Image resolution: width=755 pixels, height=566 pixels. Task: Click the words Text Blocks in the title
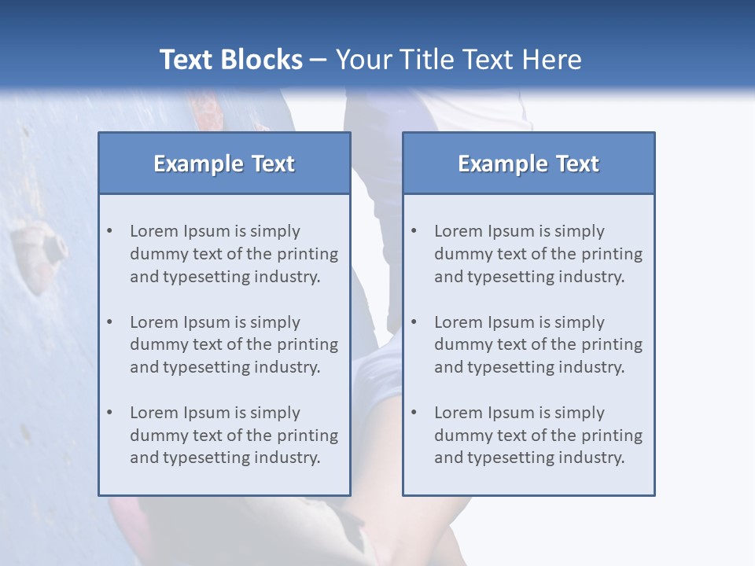230,60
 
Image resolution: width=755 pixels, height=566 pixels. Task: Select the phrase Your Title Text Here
459,60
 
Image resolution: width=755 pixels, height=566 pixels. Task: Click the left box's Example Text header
224,164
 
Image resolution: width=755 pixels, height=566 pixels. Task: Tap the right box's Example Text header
528,164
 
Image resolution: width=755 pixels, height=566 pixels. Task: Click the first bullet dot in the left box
110,231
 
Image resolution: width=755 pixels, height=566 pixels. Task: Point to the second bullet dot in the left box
110,322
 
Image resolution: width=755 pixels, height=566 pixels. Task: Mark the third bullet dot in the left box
110,413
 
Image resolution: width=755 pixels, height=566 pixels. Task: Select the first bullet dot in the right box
414,231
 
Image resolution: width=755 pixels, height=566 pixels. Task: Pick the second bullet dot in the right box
414,322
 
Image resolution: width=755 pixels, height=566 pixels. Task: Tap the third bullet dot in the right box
414,413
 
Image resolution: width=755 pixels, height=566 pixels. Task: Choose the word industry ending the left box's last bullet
286,458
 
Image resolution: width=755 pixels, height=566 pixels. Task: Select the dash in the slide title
319,60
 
